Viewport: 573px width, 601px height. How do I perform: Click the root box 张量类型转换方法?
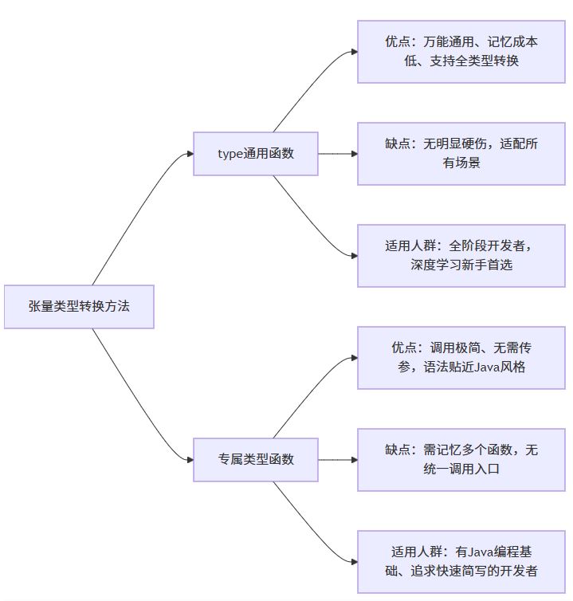79,306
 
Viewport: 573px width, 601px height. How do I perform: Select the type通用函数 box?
256,153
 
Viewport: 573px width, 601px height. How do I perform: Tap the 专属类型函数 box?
256,459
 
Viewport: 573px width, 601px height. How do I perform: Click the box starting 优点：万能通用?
461,51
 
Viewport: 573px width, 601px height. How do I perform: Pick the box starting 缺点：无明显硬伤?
461,153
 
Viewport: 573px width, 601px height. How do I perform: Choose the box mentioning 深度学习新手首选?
461,255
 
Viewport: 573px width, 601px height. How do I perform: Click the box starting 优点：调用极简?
461,357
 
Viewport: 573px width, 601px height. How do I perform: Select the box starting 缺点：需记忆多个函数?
461,459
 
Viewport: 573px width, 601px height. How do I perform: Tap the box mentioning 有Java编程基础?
461,561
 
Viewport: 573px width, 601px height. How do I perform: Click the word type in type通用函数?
230,154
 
